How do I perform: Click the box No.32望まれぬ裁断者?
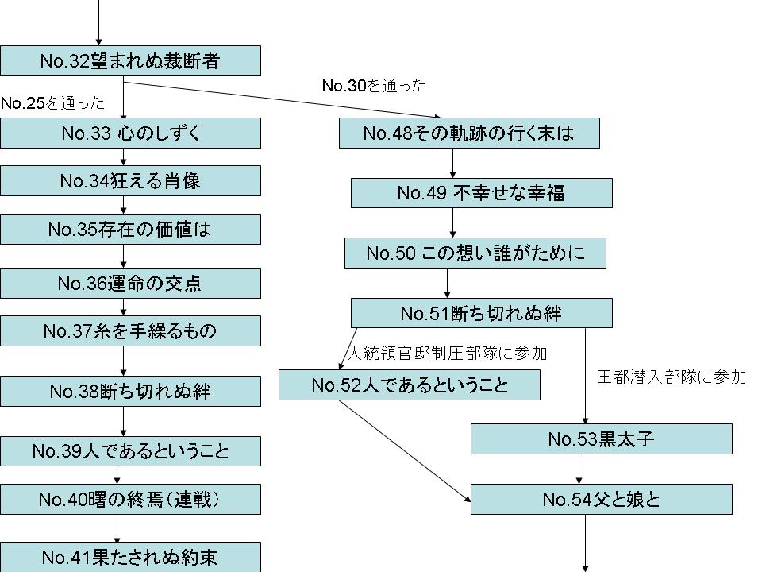(130, 60)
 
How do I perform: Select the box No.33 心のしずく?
(130, 133)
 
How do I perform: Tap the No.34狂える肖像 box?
(130, 181)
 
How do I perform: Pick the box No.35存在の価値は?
(130, 230)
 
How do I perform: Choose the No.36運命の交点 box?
(130, 283)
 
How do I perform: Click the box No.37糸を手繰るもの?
(130, 330)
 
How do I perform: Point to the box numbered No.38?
(130, 392)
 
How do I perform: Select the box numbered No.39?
(130, 451)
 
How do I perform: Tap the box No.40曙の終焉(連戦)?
(130, 499)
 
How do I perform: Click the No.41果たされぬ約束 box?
(130, 557)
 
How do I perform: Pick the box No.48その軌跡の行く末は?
(468, 133)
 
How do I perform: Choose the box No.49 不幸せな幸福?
(481, 193)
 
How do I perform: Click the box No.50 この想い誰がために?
(475, 253)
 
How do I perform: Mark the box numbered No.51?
(481, 313)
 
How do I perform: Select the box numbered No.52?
(410, 385)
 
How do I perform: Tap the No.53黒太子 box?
(601, 439)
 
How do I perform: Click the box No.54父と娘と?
(601, 499)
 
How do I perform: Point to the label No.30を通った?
(374, 86)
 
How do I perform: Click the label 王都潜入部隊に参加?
(672, 377)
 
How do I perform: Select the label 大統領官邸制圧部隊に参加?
(447, 352)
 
